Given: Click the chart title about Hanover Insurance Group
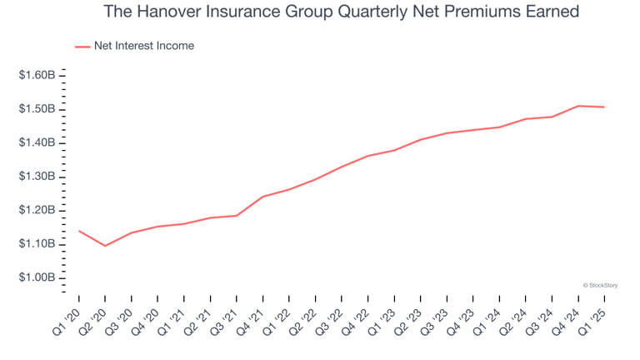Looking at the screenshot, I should [x=342, y=12].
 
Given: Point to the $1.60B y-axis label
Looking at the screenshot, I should [x=37, y=76].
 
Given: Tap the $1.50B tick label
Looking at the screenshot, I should [x=37, y=109].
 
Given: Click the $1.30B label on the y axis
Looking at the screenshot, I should [x=37, y=177].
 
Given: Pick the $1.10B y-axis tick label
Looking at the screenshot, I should [x=37, y=244].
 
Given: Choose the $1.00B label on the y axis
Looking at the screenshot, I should [x=37, y=277].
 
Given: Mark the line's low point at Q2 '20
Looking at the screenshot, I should [x=105, y=246].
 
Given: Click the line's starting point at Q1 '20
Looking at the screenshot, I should [x=79, y=231].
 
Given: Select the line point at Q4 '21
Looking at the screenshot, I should [x=262, y=197].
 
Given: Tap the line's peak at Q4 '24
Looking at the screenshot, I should [x=578, y=106].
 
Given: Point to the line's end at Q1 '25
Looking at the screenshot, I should [x=604, y=107].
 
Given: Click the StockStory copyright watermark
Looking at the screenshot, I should [x=600, y=285].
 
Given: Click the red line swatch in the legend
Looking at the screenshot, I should [x=82, y=47].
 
